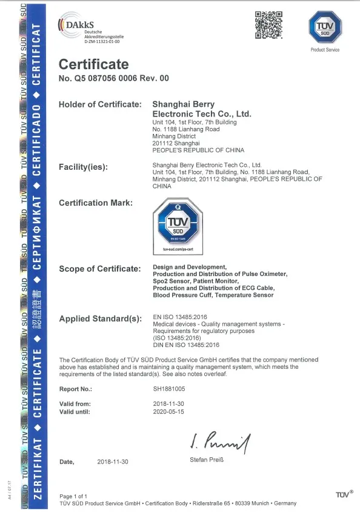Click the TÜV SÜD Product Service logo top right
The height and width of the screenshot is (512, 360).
point(325,29)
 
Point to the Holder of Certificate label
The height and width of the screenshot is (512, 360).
point(100,105)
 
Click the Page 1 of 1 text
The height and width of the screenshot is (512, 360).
point(74,497)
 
